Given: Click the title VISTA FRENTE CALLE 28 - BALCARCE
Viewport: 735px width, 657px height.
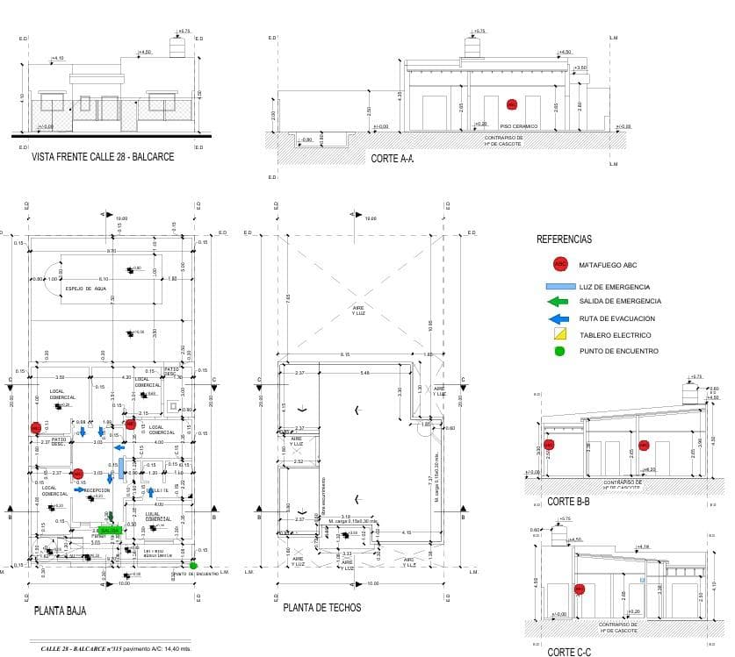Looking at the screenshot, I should point(102,157).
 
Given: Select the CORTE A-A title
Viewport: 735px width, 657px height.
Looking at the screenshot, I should point(392,159).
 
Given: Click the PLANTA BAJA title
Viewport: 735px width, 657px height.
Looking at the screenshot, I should point(60,611).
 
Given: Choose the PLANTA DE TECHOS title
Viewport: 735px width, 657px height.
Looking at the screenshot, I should point(321,607).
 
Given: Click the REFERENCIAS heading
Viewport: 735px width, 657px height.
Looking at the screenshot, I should point(564,239).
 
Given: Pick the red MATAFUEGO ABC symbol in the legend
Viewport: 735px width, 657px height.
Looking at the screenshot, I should point(559,264).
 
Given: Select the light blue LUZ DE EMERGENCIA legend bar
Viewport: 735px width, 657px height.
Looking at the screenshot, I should point(559,287).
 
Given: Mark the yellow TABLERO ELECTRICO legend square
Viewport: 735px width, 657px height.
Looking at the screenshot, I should point(560,334).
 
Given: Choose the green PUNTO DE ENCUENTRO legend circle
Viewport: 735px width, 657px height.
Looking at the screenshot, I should point(559,351).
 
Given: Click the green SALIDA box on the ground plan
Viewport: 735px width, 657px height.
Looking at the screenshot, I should point(110,531).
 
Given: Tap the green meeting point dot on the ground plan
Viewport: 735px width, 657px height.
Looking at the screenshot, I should point(193,564).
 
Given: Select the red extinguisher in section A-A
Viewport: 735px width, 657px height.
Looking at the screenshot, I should point(510,104).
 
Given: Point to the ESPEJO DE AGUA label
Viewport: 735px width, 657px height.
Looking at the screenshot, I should point(85,288).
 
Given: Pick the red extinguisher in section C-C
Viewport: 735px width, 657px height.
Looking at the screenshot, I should point(579,589).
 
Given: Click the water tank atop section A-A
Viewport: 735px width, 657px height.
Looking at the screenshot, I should point(475,48).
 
